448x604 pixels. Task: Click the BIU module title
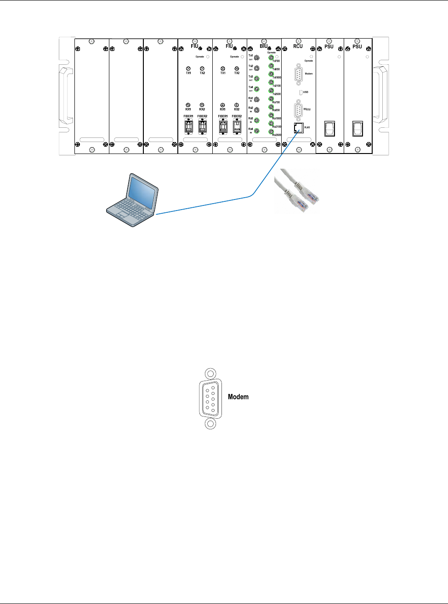coord(263,46)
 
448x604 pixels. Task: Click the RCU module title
coord(298,46)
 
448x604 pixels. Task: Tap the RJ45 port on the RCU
coord(298,128)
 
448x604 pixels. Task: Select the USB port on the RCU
coord(301,92)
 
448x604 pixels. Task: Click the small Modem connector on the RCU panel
coord(299,74)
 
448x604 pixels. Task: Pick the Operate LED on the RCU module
coord(312,57)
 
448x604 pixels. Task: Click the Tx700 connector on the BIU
coord(271,57)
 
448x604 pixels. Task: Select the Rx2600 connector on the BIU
coord(271,132)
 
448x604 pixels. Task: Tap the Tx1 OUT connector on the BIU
coord(257,58)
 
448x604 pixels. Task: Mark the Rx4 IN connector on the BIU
coord(257,131)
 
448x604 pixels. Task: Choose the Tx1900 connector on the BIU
coord(271,74)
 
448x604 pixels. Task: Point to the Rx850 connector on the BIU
coord(271,107)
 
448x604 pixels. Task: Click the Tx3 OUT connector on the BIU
coord(257,79)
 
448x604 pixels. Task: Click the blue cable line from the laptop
coord(207,205)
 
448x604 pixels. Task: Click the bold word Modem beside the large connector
coord(238,397)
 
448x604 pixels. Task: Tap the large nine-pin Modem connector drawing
coord(210,399)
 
